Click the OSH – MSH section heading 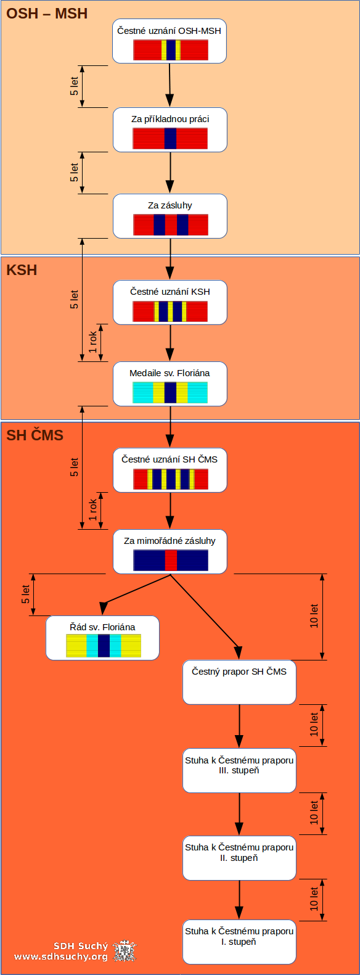[x=47, y=14]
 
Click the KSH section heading [x=22, y=270]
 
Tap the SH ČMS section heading [x=35, y=435]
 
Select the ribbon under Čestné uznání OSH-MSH [x=171, y=50]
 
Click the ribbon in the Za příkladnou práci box [x=170, y=138]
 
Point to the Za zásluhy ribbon [x=171, y=224]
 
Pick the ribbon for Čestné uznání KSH [x=170, y=311]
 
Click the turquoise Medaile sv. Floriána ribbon [x=170, y=393]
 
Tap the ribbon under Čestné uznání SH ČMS [x=171, y=479]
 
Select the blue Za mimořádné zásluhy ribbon [x=171, y=560]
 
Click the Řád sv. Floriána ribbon [x=104, y=646]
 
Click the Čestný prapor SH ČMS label [x=239, y=672]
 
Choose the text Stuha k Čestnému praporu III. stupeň [x=239, y=765]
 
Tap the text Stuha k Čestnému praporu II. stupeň [x=239, y=852]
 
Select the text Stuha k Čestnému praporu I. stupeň [x=239, y=936]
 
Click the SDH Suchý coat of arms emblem [x=125, y=950]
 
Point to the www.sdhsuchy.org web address [x=61, y=956]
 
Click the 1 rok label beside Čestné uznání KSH [x=92, y=342]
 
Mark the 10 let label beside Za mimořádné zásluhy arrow [x=314, y=616]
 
